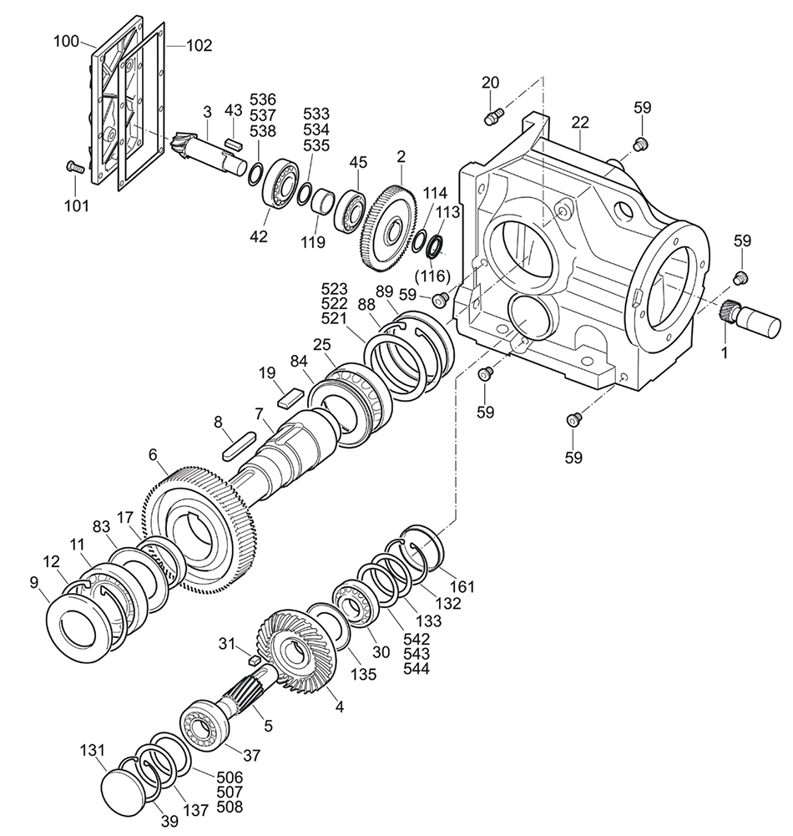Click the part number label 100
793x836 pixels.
pyautogui.click(x=66, y=41)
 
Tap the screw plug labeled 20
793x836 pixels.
pyautogui.click(x=494, y=116)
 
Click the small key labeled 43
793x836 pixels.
pyautogui.click(x=234, y=143)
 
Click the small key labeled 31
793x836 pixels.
pyautogui.click(x=254, y=661)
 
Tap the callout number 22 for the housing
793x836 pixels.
pyautogui.click(x=580, y=123)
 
